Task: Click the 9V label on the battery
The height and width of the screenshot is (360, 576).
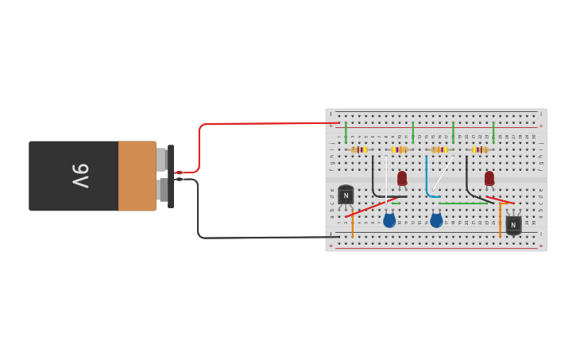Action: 81,176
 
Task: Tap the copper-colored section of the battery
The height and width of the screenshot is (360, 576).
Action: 137,176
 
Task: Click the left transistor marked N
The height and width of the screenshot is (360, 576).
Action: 346,195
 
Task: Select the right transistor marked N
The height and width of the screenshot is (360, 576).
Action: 513,225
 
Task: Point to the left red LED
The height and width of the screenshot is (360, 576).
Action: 402,178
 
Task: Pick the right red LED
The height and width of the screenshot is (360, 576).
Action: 489,178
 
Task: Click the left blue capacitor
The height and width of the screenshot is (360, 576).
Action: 389,220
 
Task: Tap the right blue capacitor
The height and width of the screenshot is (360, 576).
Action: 436,220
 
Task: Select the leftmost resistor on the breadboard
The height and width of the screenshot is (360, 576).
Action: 359,149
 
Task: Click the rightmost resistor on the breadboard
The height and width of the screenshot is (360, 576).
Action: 480,149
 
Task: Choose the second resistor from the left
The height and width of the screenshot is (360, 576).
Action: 400,149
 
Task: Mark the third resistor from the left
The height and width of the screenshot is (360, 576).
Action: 439,149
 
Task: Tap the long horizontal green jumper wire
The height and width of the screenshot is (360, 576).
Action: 463,203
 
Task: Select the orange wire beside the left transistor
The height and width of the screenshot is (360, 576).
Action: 353,225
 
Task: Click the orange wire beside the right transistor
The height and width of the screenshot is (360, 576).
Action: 500,220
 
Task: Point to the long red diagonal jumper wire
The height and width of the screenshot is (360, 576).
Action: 369,208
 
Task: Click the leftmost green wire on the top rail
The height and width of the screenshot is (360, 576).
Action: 346,132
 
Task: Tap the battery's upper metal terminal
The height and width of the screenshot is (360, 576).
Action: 162,160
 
